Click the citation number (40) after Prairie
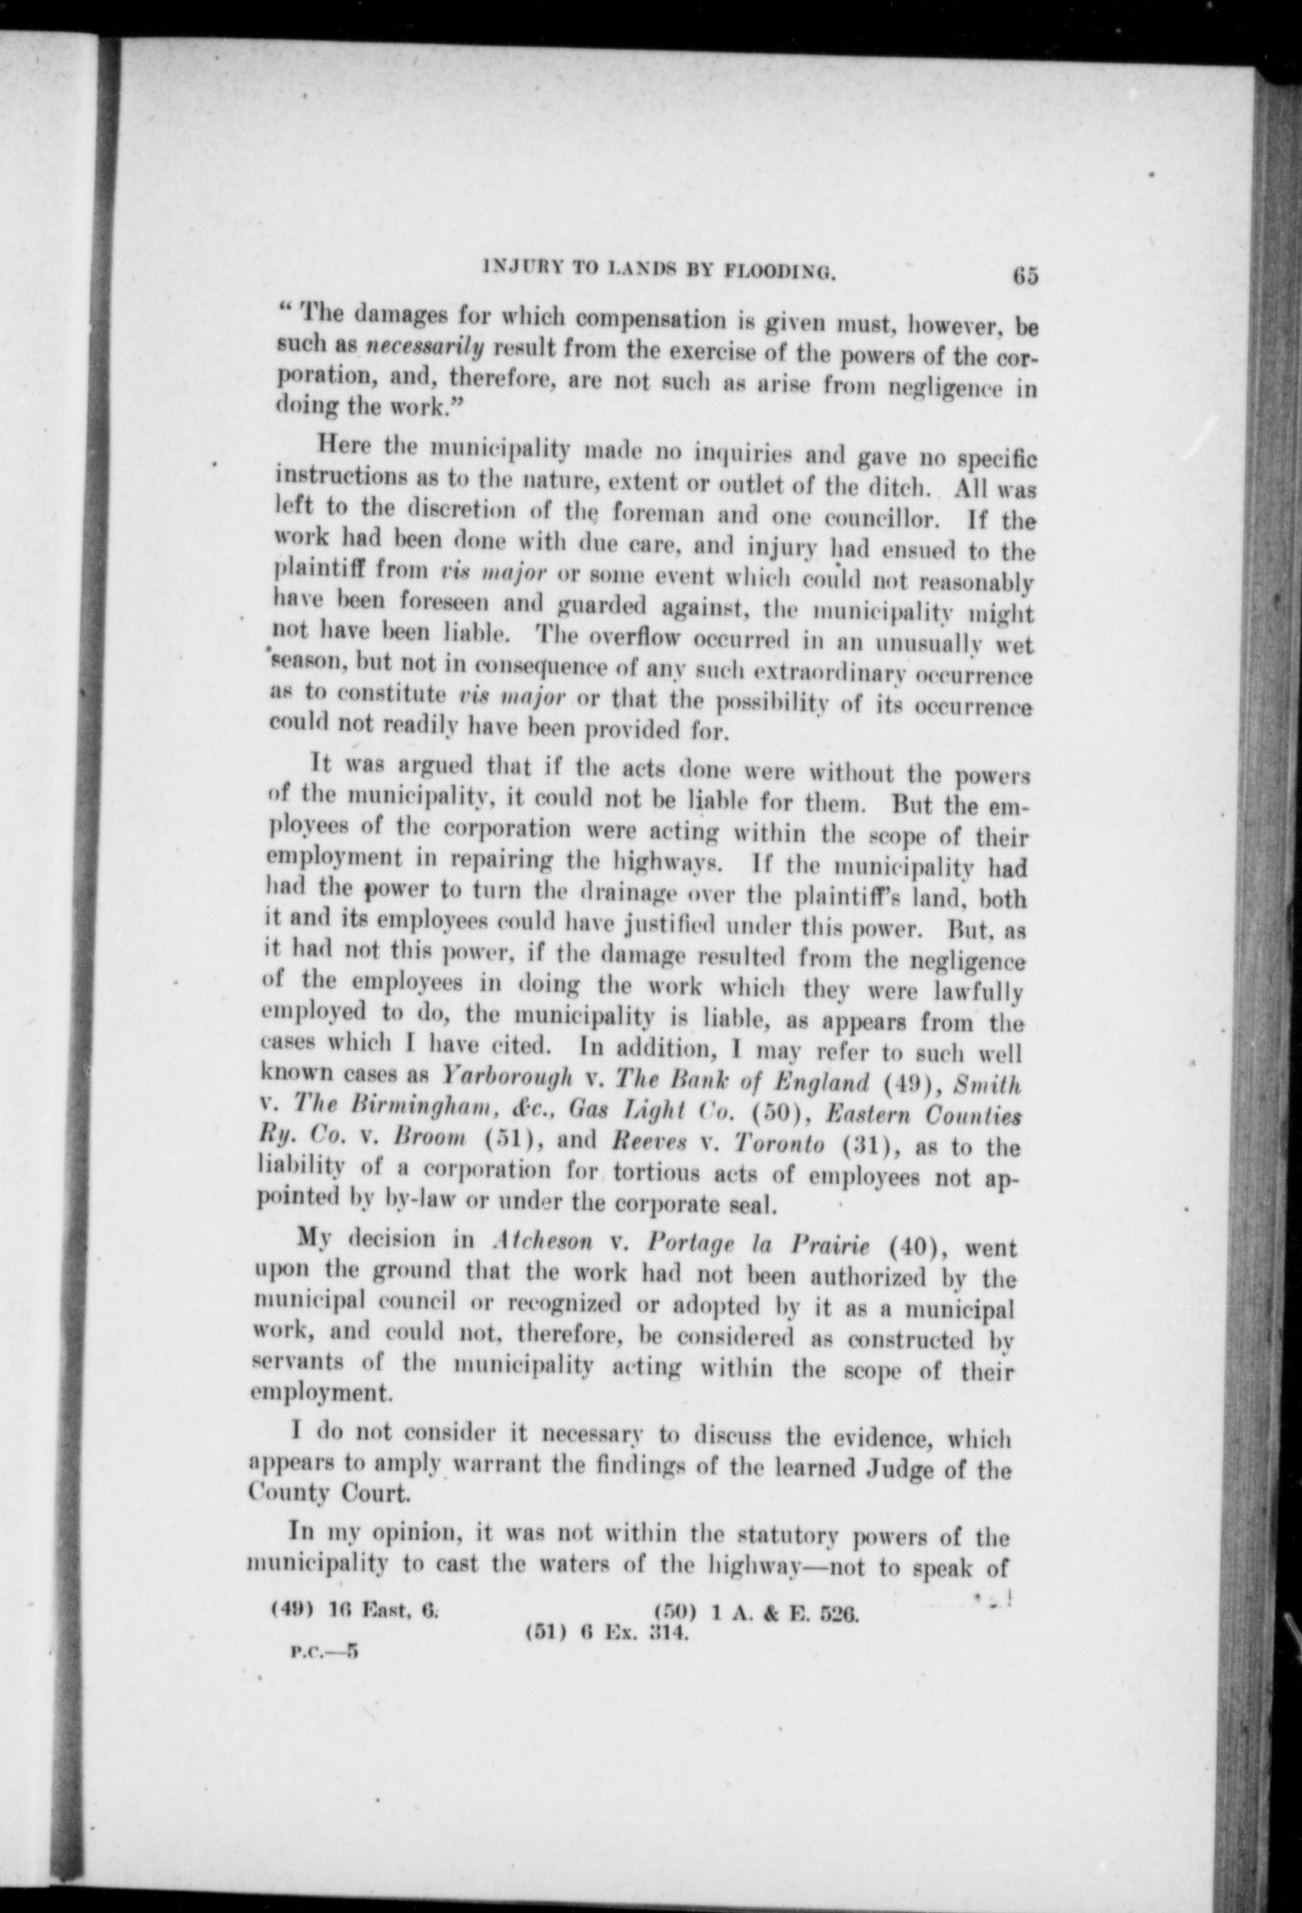pos(914,1249)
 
